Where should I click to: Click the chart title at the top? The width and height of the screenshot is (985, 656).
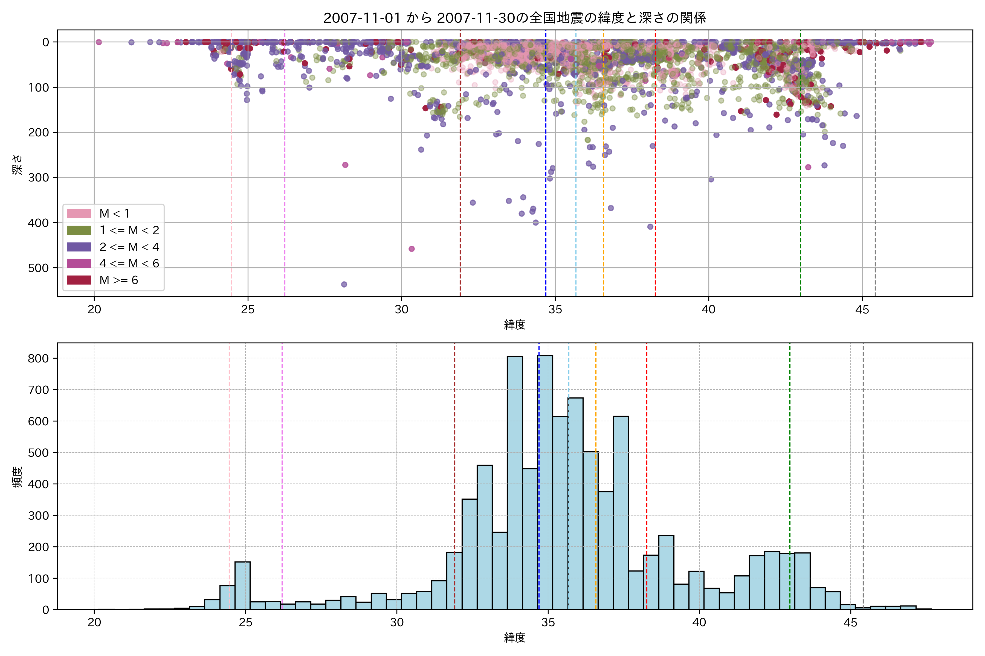pos(515,17)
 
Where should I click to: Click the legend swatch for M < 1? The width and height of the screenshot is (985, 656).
pos(79,214)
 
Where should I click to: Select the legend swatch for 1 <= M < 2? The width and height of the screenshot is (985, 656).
pos(79,230)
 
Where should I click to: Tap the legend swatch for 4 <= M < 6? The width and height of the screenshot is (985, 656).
pos(79,263)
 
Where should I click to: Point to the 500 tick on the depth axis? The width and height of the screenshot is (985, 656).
pos(39,268)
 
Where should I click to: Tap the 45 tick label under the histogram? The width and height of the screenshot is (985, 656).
pos(851,623)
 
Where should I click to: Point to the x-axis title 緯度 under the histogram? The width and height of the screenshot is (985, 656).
pos(515,638)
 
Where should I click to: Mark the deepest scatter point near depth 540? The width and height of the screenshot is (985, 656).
pos(344,285)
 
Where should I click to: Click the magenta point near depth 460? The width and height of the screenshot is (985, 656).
pos(412,249)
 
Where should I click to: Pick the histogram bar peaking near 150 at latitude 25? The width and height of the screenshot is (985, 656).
pos(242,586)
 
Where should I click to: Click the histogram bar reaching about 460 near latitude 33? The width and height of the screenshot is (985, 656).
pos(485,538)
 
